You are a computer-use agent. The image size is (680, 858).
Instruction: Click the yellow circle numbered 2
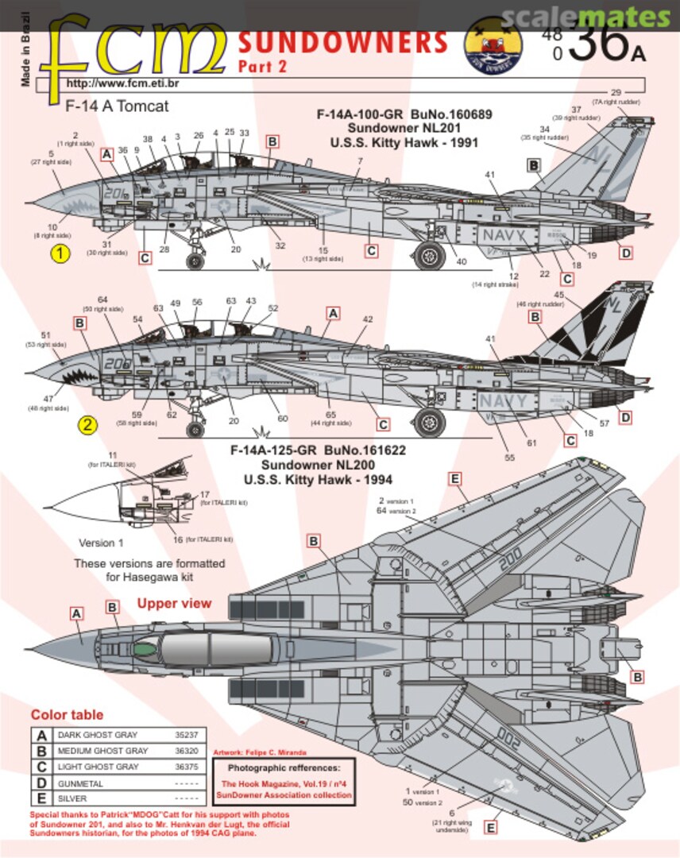pos(87,425)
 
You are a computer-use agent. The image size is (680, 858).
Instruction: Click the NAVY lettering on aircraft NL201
pos(504,235)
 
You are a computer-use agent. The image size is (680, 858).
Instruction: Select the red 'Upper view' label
pos(174,603)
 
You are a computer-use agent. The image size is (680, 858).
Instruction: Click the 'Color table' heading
pos(67,715)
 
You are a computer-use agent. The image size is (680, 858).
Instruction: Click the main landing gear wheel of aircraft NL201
pos(430,255)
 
